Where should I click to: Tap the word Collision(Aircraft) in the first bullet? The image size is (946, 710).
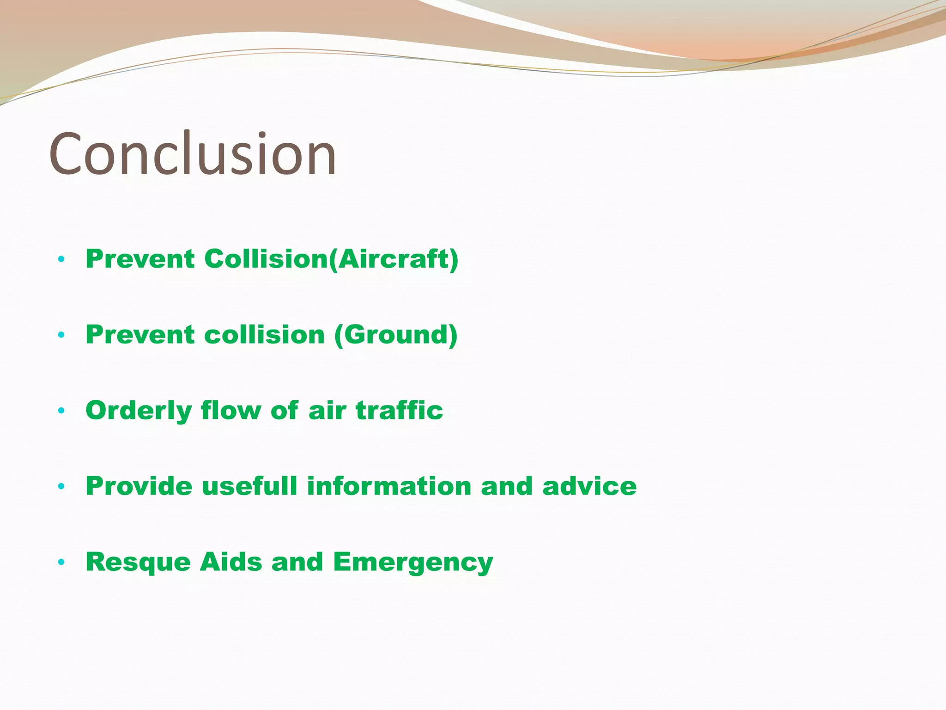pos(331,259)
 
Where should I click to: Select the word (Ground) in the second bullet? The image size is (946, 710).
pos(395,335)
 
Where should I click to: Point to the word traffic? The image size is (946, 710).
pos(399,410)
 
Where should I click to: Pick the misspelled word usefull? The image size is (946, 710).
pos(249,486)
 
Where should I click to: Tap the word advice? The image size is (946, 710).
pos(589,486)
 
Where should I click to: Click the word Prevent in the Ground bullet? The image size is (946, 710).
pos(140,335)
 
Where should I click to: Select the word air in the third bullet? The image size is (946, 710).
pos(327,410)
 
